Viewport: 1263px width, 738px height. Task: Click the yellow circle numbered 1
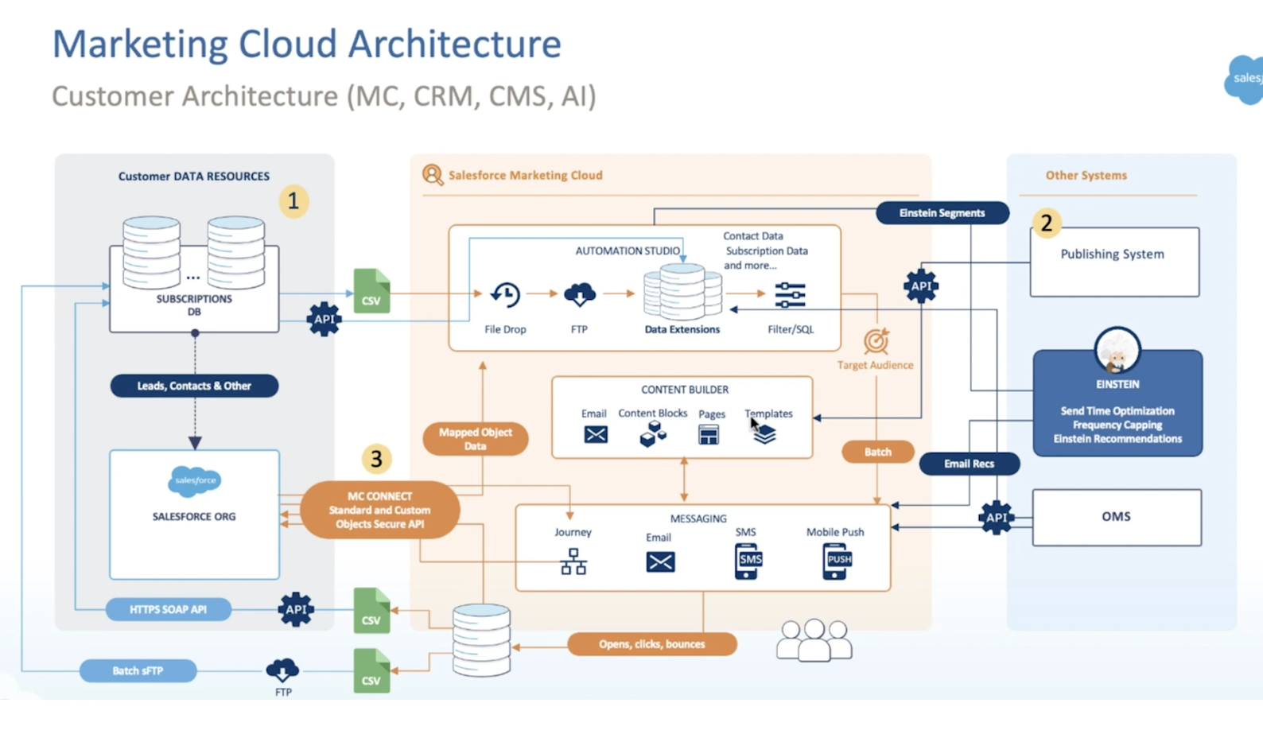293,201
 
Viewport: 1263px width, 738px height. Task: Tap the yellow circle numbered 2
1047,223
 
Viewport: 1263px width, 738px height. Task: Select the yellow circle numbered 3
376,459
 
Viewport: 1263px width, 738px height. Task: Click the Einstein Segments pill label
942,213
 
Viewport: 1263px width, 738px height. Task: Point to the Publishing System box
1114,262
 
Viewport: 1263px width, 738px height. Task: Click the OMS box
1116,517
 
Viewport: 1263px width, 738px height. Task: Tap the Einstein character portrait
1117,350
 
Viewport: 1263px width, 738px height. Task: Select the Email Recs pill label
969,464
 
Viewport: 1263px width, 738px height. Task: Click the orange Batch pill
877,452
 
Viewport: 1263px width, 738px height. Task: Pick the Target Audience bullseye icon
876,341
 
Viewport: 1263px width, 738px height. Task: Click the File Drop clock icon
505,295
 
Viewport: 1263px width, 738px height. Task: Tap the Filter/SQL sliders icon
790,295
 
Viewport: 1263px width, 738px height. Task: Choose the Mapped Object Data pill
476,439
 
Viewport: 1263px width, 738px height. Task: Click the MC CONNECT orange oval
380,510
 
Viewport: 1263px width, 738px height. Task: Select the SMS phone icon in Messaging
747,561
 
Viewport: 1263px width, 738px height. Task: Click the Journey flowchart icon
573,561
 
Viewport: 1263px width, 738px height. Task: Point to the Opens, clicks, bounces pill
651,644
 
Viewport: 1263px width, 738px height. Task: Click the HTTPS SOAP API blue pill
168,610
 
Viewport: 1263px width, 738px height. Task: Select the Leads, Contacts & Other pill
194,386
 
